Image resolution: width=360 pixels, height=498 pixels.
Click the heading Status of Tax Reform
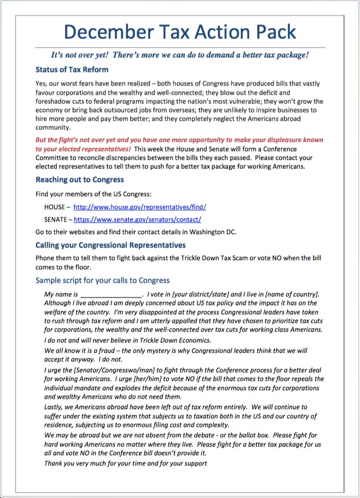click(72, 70)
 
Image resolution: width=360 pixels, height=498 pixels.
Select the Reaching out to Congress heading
click(80, 179)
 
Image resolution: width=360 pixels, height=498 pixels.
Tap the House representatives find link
click(140, 207)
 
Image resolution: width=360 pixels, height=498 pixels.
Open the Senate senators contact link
click(138, 219)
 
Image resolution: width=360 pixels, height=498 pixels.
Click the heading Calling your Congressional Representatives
click(110, 245)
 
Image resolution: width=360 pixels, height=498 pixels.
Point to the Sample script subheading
click(102, 281)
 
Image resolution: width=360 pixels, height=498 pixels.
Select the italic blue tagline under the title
click(180, 55)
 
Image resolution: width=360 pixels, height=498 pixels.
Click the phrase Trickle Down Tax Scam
click(208, 258)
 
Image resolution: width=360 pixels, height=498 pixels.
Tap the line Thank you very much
click(126, 463)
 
